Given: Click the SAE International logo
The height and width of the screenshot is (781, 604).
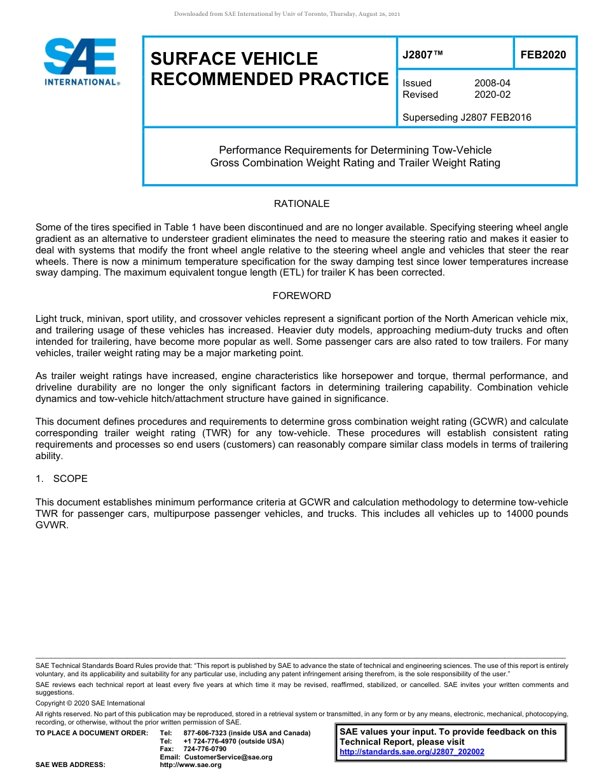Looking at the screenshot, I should click(81, 62).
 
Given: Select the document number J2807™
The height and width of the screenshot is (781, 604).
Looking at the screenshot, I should click(422, 55).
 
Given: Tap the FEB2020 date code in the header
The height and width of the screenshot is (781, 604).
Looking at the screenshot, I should click(543, 55).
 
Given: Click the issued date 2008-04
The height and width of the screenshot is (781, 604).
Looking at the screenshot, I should click(492, 83).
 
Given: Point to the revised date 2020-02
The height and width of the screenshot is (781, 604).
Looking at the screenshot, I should click(492, 95).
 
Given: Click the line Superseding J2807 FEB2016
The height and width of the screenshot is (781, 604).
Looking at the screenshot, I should click(467, 117).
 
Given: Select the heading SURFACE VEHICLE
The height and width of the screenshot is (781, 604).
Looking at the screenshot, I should click(234, 59).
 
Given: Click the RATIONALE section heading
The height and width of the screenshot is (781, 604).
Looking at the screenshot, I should click(301, 204).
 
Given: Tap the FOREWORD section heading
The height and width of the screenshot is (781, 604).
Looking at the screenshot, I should click(301, 296).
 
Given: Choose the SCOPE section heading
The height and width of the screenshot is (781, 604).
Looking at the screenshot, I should click(70, 479).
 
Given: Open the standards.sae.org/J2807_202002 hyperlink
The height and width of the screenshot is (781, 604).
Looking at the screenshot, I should click(412, 752).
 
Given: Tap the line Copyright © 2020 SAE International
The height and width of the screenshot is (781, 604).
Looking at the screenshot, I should click(90, 703).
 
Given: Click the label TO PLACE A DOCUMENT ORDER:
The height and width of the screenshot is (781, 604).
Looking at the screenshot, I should click(92, 733).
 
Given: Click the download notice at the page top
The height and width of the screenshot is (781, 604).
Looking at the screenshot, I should click(287, 14).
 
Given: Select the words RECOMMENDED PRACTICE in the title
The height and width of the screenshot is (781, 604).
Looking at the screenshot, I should click(269, 79).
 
